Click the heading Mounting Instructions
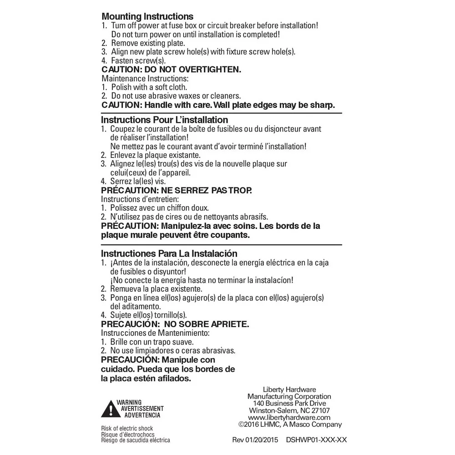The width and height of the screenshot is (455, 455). (147, 17)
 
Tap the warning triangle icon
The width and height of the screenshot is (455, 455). (108, 409)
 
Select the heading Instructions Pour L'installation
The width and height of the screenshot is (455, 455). (164, 120)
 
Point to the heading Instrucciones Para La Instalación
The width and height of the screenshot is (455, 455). (169, 253)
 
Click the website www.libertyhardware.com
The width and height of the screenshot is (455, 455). (289, 418)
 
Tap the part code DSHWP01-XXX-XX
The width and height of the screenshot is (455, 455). (317, 440)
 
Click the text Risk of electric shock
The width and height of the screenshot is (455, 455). (127, 429)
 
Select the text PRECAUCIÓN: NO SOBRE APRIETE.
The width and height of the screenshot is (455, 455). (175, 324)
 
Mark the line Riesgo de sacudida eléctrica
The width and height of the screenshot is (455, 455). (136, 440)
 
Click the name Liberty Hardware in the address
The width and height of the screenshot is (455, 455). (289, 389)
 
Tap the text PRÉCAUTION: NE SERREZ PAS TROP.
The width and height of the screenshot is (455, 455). (176, 190)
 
